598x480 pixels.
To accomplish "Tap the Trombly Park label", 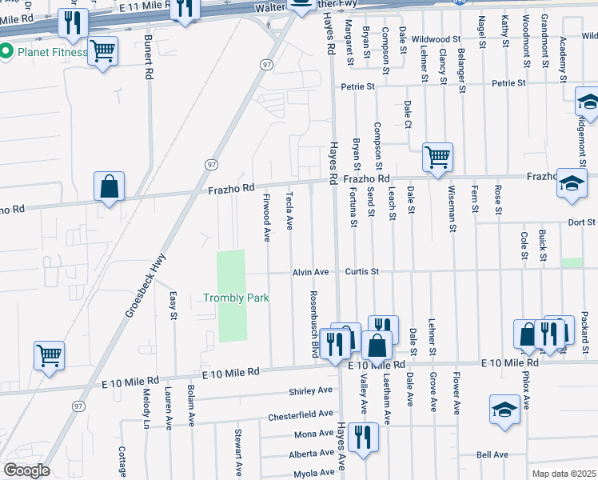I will [236, 298].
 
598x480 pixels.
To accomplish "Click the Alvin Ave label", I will [310, 272].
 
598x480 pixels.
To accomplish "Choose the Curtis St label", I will [361, 272].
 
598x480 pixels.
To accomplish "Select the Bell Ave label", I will [492, 454].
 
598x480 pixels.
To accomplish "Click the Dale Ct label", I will [408, 114].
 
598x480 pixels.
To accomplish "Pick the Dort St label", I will [581, 222].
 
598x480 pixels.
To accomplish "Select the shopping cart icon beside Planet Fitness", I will [102, 52].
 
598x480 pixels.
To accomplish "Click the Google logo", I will [27, 470].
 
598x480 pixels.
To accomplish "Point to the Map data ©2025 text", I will [564, 474].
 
